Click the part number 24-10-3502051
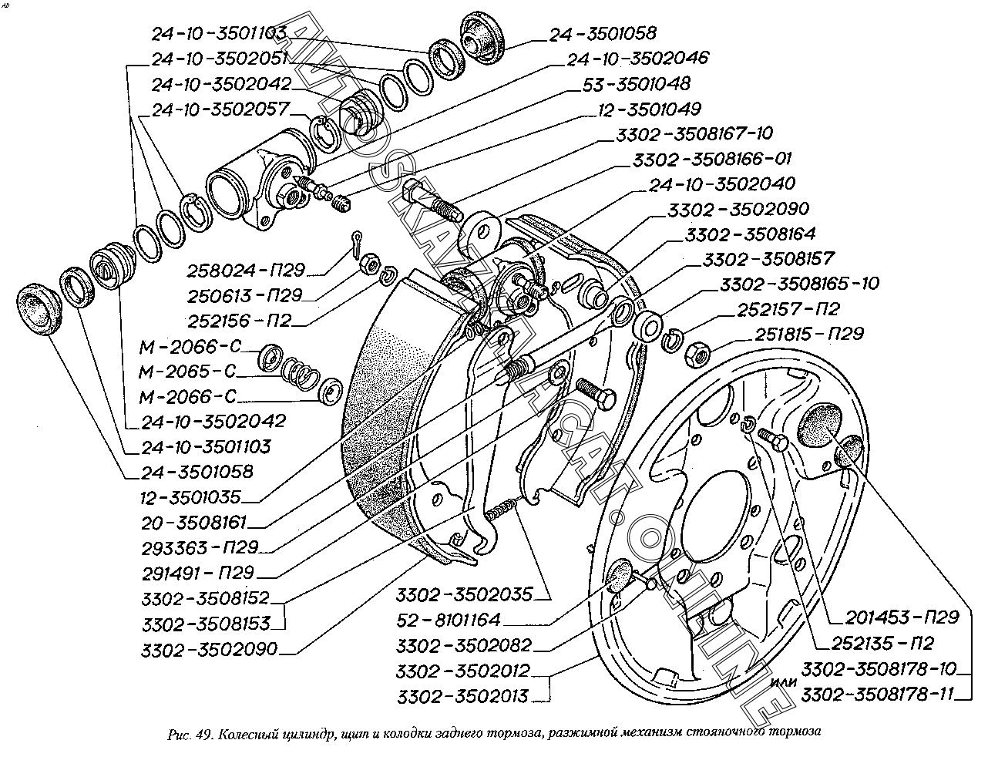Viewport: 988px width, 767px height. (220, 59)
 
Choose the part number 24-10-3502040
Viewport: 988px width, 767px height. (721, 184)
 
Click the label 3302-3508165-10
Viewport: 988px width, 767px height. (798, 284)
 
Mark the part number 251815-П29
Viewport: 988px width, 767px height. (800, 334)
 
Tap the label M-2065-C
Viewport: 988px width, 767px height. (185, 372)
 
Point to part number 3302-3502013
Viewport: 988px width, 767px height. (463, 696)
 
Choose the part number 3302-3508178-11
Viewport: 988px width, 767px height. (878, 695)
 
